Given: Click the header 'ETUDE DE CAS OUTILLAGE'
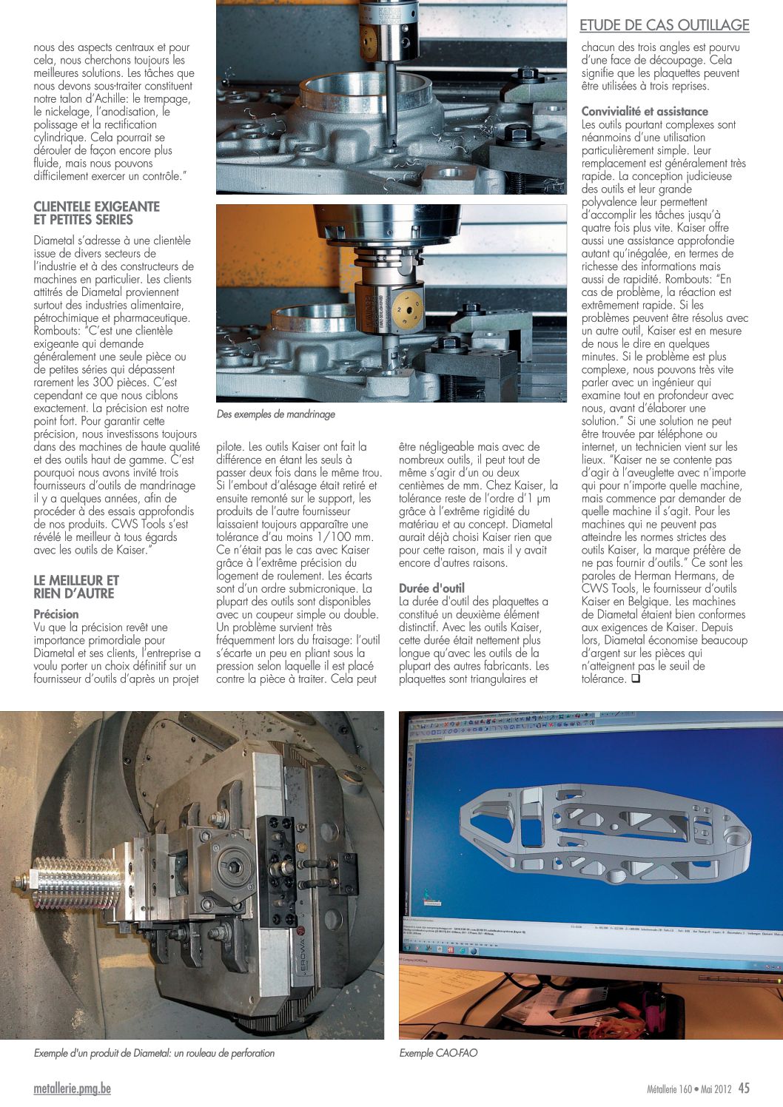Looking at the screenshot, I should coord(664,25).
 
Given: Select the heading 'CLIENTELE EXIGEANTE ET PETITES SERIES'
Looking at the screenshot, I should coord(96,213).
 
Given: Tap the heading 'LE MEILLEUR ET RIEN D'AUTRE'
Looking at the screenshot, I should coord(76,587).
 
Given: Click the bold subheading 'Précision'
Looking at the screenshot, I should coord(56,614).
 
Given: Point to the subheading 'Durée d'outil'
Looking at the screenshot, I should coord(433,588).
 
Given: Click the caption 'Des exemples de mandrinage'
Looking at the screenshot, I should coord(276,414).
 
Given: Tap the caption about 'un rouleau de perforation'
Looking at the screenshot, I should coord(154,1052).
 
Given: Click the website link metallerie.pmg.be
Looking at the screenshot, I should coord(73,1089).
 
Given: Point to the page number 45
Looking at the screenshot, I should coord(743,1089).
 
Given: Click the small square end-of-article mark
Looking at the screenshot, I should coord(634,679).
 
